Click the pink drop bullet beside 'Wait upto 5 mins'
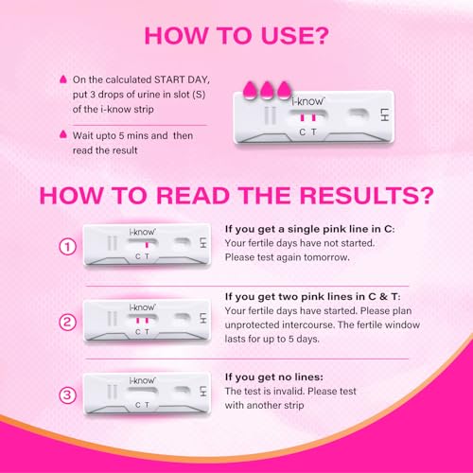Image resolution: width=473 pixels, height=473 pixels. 61,135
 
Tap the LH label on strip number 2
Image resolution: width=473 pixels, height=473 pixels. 202,318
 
